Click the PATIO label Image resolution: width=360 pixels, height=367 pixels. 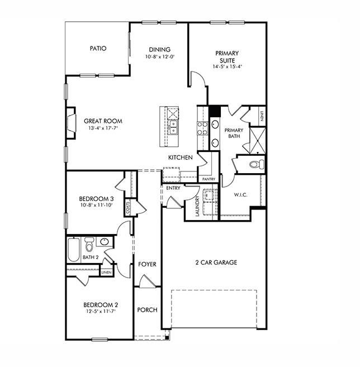pos(98,49)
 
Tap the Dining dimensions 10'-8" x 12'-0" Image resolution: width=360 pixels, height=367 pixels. pos(159,57)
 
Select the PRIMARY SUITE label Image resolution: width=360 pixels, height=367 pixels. pos(227,57)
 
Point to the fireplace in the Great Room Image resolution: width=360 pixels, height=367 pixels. pos(71,122)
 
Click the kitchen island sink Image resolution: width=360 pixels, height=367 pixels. pos(173,128)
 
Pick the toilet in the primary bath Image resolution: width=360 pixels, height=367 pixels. pos(256,164)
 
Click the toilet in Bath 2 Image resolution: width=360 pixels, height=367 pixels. pos(89,246)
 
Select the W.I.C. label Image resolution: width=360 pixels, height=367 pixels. pos(241,195)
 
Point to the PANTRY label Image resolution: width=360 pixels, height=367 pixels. pos(209,179)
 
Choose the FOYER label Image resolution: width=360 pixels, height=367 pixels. pos(147,264)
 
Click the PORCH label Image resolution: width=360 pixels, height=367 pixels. pos(147,310)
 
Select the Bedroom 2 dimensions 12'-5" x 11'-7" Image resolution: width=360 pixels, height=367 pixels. pos(101,312)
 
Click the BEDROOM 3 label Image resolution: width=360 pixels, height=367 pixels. pos(96,199)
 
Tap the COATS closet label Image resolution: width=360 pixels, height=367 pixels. pos(128,208)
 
